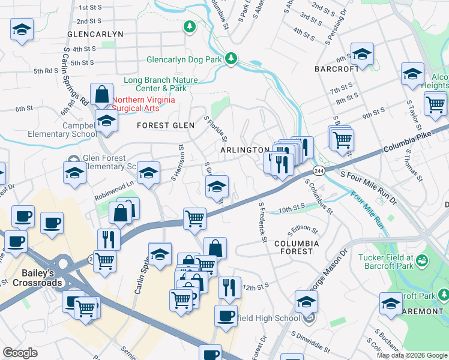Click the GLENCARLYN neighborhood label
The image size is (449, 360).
[95, 34]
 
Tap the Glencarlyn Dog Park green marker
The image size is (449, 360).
[231, 59]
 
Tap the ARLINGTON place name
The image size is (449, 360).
[244, 149]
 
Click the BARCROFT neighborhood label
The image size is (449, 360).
[337, 69]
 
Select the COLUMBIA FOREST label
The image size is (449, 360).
[297, 247]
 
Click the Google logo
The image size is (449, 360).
[20, 353]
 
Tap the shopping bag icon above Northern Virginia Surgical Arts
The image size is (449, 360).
[102, 94]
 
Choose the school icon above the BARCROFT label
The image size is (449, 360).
[362, 54]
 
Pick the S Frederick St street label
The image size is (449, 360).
[262, 222]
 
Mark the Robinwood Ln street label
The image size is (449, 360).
[113, 191]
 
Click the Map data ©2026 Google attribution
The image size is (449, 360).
[411, 355]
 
